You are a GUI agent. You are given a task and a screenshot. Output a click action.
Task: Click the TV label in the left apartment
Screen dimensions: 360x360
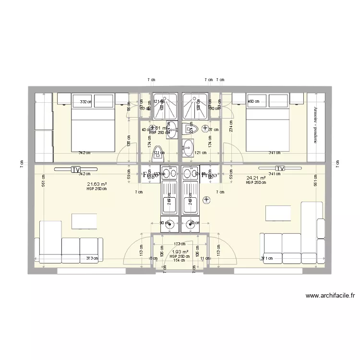coord(75,169)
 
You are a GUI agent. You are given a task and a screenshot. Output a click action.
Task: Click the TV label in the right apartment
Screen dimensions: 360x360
coord(280,169)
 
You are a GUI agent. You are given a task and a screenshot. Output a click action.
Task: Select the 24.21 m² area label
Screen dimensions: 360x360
coord(256,178)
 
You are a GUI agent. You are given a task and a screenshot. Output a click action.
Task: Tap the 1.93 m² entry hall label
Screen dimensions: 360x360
coord(180,252)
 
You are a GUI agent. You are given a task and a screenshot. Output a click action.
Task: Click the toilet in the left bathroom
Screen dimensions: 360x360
coord(158,155)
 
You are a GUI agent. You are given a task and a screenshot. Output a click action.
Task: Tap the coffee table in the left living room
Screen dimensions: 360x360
coord(84,221)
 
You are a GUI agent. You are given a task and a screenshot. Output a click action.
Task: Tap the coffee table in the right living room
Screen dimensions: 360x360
coord(278,213)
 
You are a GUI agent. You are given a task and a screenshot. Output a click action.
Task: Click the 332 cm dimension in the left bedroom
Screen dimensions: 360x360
coord(85,102)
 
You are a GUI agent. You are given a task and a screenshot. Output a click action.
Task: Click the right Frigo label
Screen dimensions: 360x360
coord(209,175)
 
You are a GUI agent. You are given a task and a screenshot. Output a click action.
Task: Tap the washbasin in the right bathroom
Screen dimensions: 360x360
coord(189,145)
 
